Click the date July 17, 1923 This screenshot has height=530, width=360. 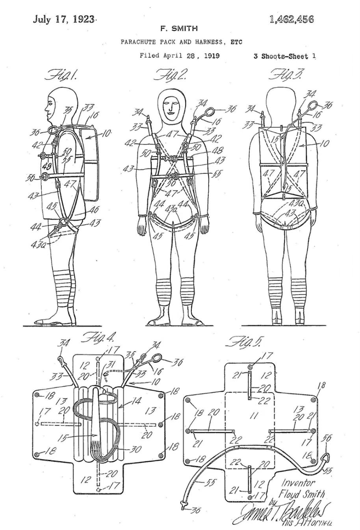pyautogui.click(x=64, y=19)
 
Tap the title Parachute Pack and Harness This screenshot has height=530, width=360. pyautogui.click(x=182, y=41)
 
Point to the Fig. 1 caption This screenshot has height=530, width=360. pyautogui.click(x=62, y=74)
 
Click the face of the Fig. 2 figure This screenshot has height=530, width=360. pyautogui.click(x=172, y=106)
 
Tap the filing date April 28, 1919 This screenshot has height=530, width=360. pyautogui.click(x=180, y=56)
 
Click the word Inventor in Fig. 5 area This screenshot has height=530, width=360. pyautogui.click(x=298, y=483)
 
